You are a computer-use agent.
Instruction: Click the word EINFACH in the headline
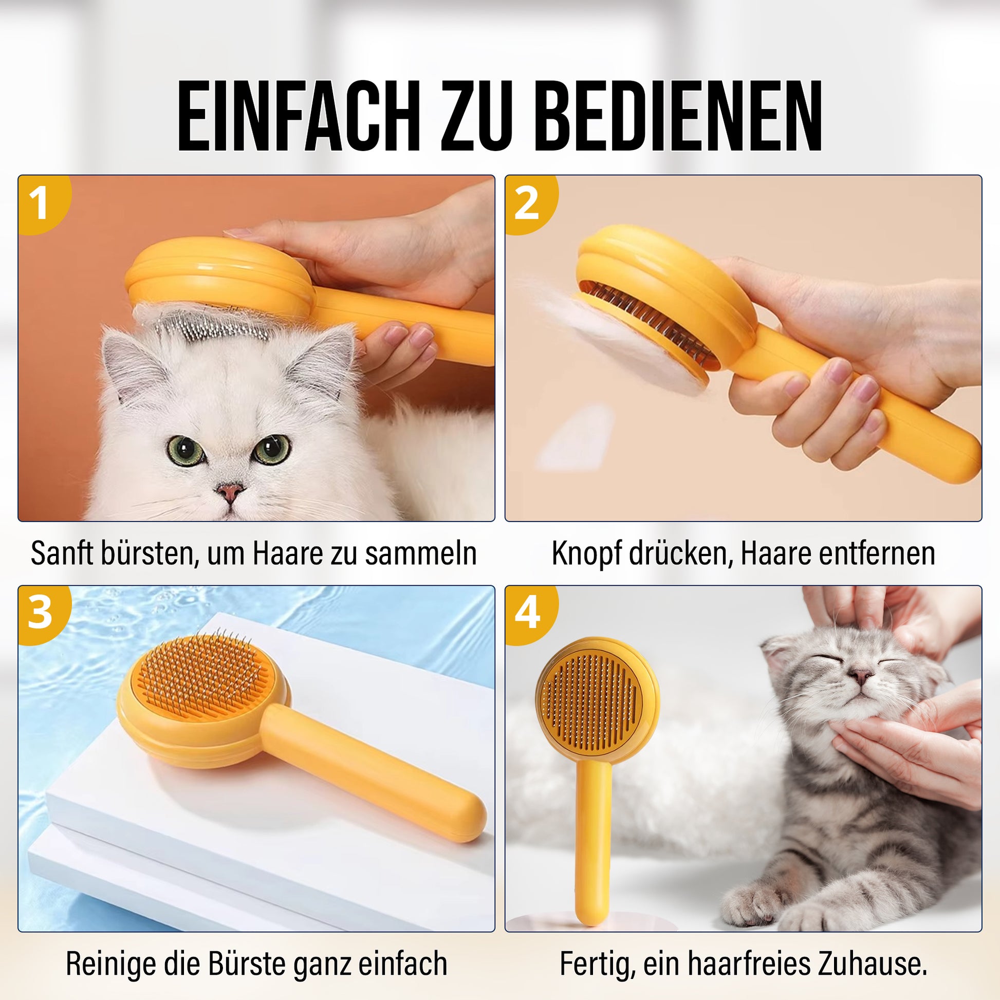(x=298, y=116)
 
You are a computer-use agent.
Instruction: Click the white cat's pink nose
(x=229, y=490)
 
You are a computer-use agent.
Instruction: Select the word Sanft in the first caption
(x=62, y=553)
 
